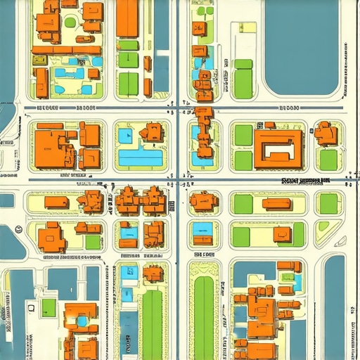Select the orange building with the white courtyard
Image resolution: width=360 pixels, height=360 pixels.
coord(278,148)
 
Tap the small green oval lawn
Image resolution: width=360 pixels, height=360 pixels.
coord(70,22)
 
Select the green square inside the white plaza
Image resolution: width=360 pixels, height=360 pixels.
coord(48,307)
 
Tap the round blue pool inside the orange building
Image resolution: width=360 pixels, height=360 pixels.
coord(82,321)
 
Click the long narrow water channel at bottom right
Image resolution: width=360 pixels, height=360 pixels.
coord(335,309)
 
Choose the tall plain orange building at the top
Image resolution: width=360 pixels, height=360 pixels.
coord(127,18)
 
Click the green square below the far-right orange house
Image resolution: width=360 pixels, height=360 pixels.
coord(328,160)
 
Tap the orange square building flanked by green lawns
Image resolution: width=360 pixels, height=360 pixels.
coord(282,234)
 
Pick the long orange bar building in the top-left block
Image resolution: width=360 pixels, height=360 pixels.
coord(67,50)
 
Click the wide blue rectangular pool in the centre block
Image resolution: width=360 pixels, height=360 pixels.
coord(141,157)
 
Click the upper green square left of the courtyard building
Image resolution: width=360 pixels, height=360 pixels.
coord(243,134)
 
